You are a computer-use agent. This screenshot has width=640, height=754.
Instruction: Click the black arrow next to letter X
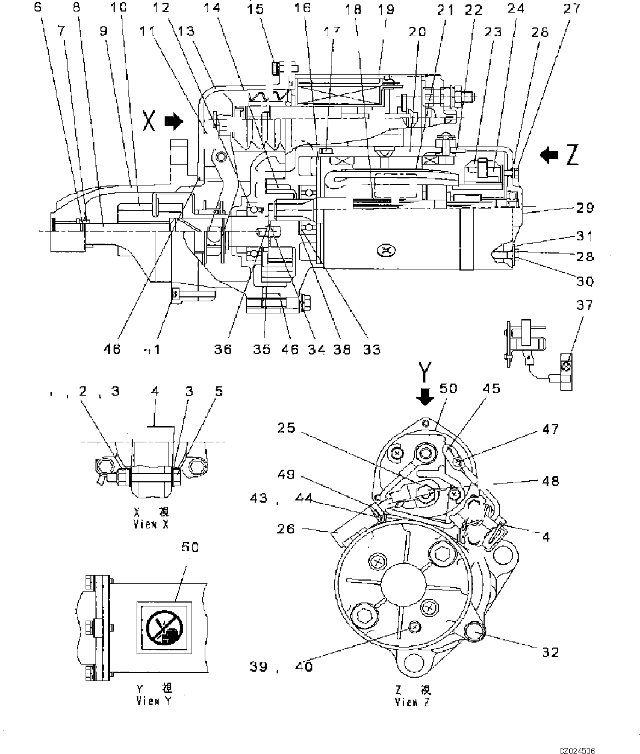click(173, 121)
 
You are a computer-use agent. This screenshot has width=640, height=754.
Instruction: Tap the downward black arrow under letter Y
click(424, 396)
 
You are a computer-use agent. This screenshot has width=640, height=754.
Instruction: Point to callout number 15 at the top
click(255, 9)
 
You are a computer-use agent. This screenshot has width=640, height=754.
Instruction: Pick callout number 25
click(301, 427)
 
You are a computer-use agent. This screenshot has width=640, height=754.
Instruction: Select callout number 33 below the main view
click(372, 349)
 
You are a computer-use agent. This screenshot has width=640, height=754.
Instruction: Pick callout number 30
click(585, 281)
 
